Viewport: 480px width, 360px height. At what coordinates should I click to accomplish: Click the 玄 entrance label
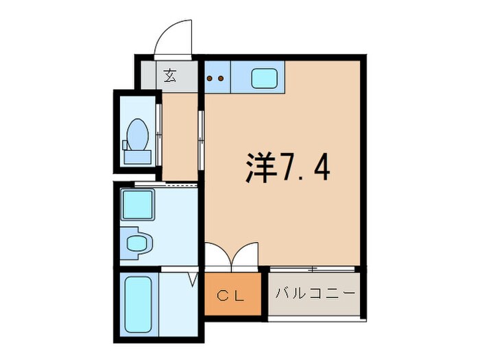pyautogui.click(x=169, y=75)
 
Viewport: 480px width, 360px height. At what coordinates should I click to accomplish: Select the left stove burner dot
pyautogui.click(x=211, y=78)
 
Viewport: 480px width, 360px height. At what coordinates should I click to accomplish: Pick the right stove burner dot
pyautogui.click(x=221, y=78)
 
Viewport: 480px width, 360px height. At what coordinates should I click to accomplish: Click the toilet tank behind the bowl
pyautogui.click(x=136, y=156)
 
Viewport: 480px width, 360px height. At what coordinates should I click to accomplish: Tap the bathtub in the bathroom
pyautogui.click(x=139, y=304)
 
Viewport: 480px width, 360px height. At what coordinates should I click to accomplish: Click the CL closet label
pyautogui.click(x=233, y=296)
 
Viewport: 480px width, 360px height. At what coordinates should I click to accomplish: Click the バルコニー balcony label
pyautogui.click(x=315, y=293)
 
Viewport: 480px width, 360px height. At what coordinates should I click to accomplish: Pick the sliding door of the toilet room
pyautogui.click(x=159, y=130)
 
